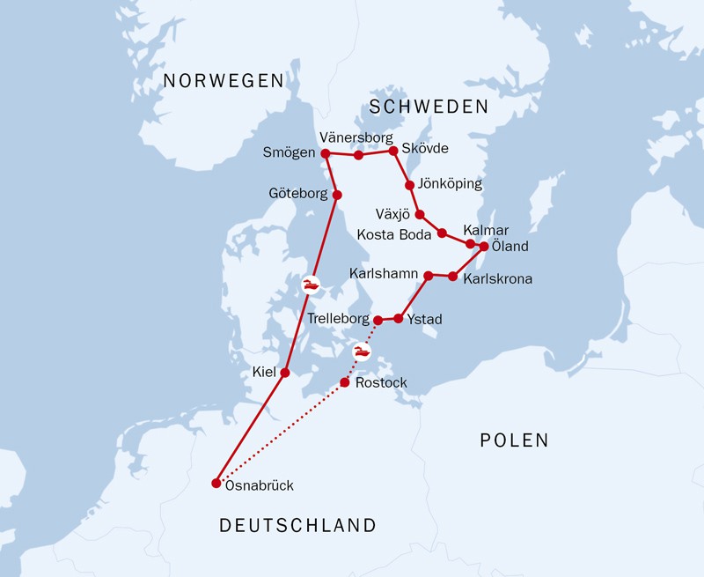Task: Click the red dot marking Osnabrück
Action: pos(216,483)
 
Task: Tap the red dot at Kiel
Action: pos(284,373)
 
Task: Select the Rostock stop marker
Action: pos(345,383)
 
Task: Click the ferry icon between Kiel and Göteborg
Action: pos(311,284)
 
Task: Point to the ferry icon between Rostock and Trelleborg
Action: pos(361,352)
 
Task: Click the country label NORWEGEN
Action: pos(224,81)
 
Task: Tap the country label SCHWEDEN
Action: pos(429,107)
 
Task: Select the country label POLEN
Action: pos(514,440)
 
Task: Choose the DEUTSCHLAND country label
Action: pos(297,526)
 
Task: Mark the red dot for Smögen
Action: pos(325,153)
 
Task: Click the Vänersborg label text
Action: pos(356,137)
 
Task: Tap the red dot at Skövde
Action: pos(393,151)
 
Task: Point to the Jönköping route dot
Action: pos(409,185)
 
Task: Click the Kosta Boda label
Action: pos(394,234)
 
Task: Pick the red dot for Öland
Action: pos(484,247)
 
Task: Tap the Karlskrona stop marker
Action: pos(452,277)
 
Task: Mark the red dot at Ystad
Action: pos(399,318)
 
